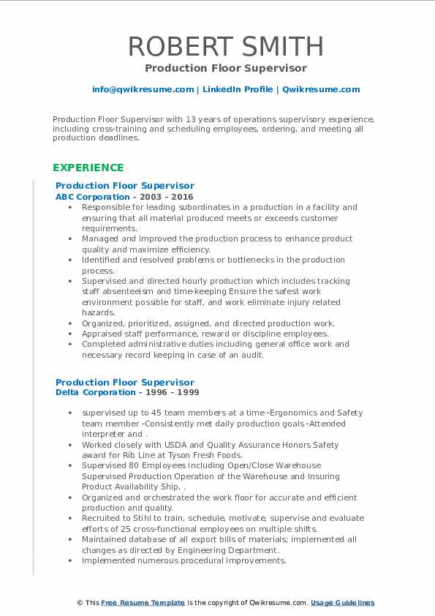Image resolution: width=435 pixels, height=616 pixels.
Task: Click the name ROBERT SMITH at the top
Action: pyautogui.click(x=225, y=47)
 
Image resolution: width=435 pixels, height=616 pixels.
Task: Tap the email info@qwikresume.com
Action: pyautogui.click(x=143, y=89)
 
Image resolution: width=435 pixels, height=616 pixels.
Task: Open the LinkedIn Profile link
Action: pyautogui.click(x=238, y=89)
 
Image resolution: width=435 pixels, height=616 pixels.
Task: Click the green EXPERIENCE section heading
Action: pyautogui.click(x=88, y=168)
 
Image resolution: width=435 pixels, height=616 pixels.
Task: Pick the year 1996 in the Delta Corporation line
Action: pyautogui.click(x=148, y=393)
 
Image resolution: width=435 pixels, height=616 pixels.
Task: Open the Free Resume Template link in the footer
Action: pyautogui.click(x=143, y=603)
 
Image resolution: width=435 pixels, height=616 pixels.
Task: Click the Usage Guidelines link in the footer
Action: pyautogui.click(x=342, y=603)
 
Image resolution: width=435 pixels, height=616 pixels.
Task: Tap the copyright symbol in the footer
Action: pyautogui.click(x=80, y=603)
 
